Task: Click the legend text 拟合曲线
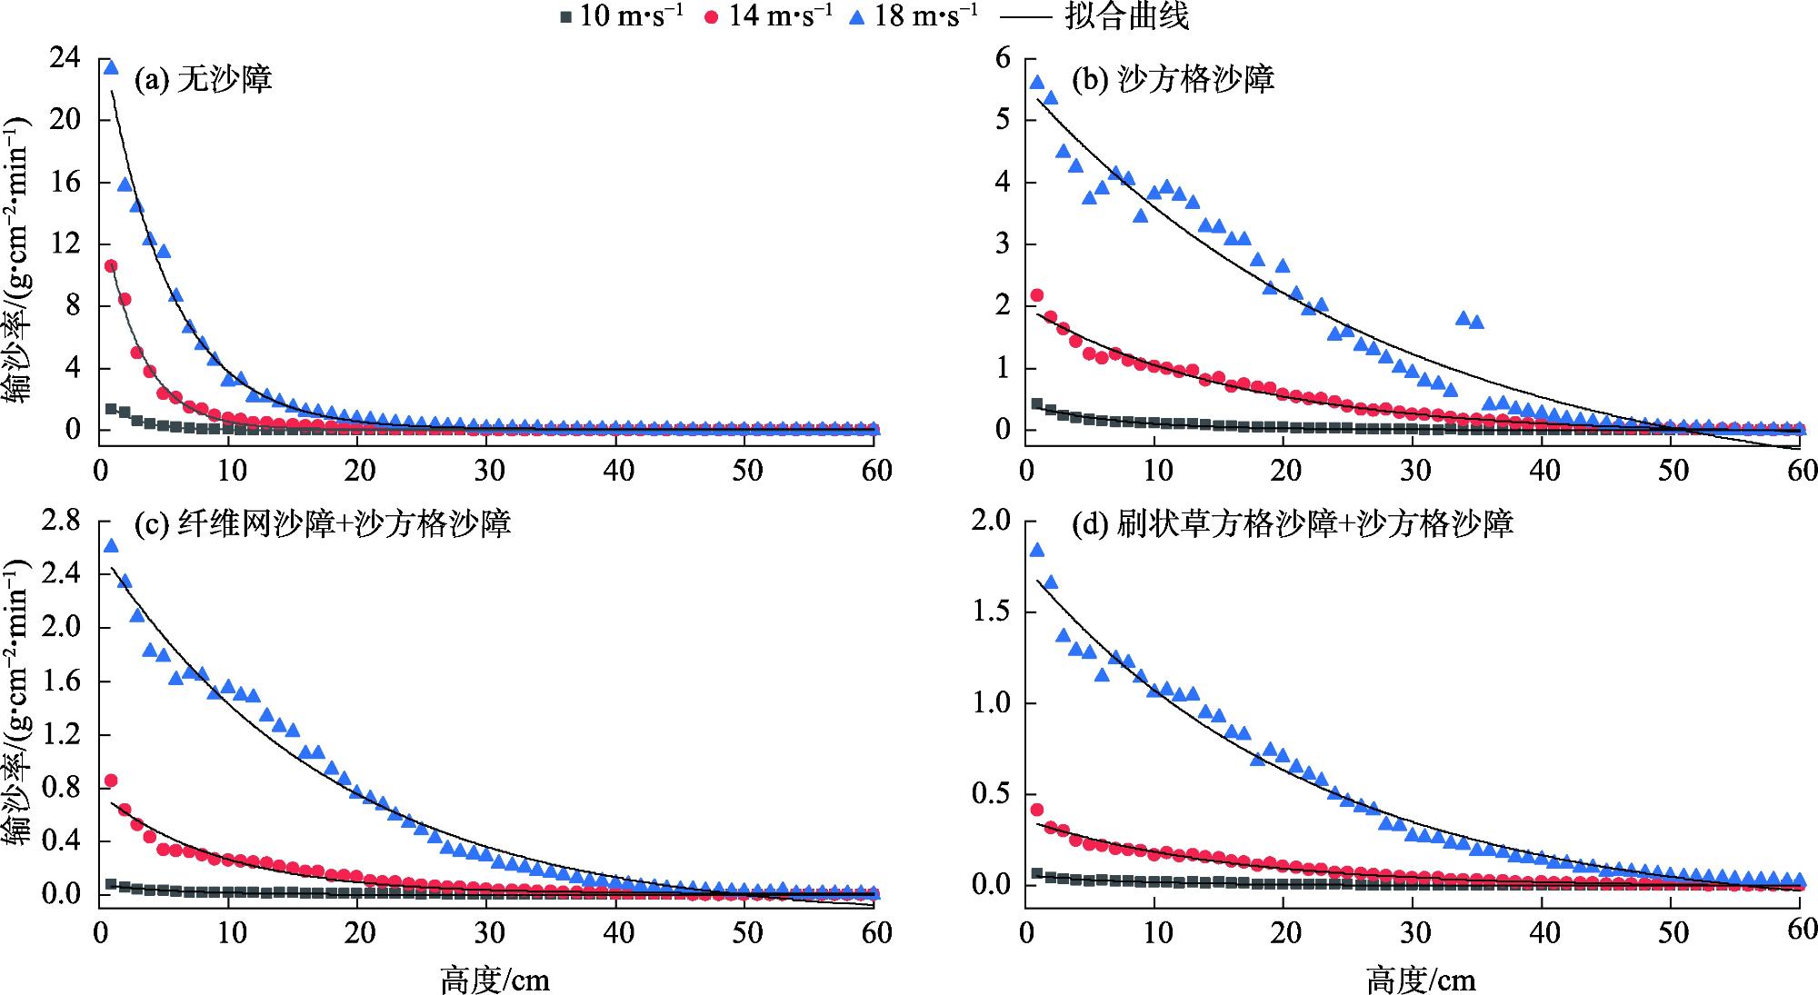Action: tap(1127, 16)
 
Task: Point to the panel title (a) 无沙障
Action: tap(203, 80)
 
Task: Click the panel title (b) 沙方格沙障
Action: tap(1173, 80)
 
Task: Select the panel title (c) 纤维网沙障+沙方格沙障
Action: tap(322, 524)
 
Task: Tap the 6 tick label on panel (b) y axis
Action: tap(1003, 58)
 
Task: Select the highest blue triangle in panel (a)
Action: tap(111, 67)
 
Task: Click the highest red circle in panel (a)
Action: tap(111, 266)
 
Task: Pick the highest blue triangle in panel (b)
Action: tap(1037, 82)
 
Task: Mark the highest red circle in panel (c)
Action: tap(111, 781)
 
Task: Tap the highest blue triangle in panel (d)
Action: tap(1037, 550)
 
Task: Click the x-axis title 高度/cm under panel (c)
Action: tap(494, 980)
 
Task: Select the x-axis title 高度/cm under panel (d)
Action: tap(1421, 980)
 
